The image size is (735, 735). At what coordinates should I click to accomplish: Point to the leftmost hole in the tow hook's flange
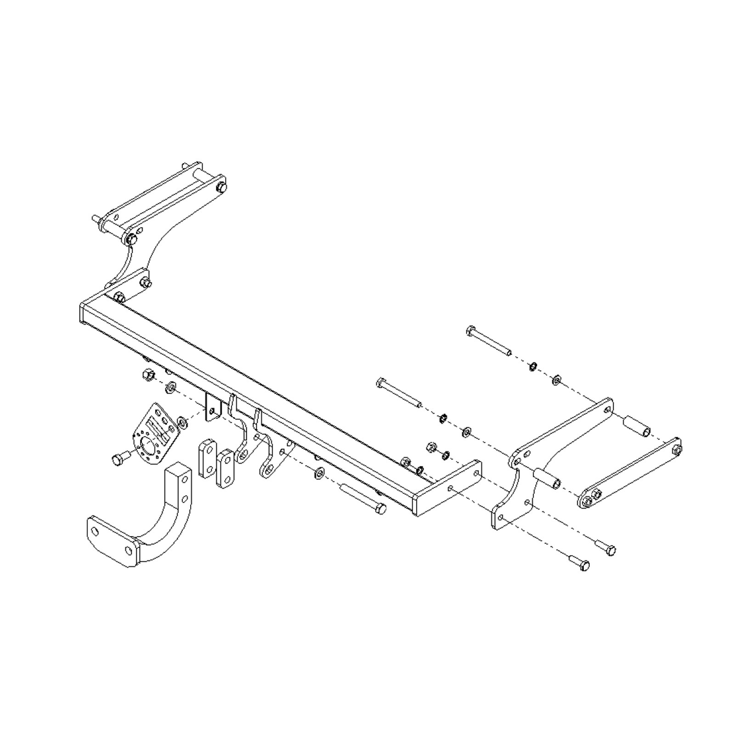click(x=95, y=532)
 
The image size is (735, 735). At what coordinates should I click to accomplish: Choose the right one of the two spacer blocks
click(x=225, y=469)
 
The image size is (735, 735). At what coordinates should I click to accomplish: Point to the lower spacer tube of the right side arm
click(x=547, y=478)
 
